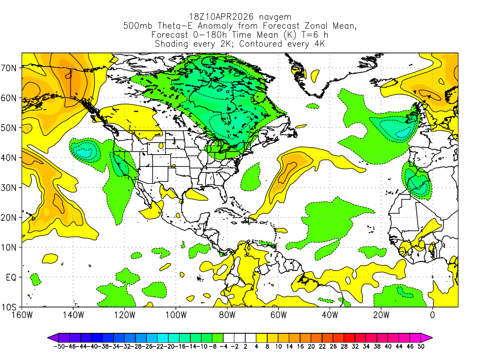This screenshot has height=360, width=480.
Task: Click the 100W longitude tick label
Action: pyautogui.click(x=176, y=315)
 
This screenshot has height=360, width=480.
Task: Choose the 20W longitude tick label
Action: pyautogui.click(x=381, y=315)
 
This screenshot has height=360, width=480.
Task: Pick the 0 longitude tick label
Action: pyautogui.click(x=432, y=315)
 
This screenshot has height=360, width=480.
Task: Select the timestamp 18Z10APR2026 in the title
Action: pyautogui.click(x=219, y=17)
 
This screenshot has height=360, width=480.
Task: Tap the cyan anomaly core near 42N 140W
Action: pyautogui.click(x=84, y=151)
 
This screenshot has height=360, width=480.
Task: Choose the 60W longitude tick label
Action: pyautogui.click(x=278, y=315)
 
